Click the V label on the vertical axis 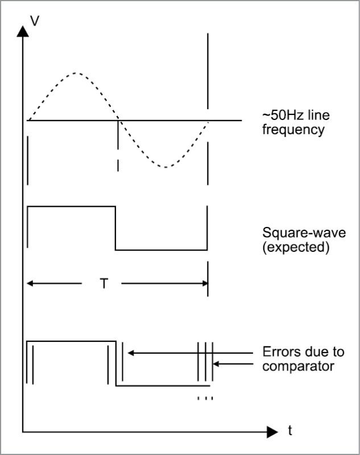point(35,22)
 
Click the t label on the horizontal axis point(289,431)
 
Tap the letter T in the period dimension point(104,283)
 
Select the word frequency point(293,130)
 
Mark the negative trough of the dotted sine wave point(165,167)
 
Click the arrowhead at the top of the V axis point(23,29)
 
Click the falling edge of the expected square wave point(115,228)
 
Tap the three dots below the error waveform point(205,398)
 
